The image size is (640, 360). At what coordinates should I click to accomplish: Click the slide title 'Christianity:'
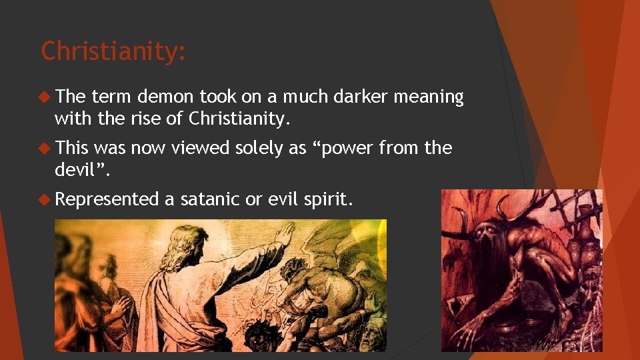click(x=113, y=51)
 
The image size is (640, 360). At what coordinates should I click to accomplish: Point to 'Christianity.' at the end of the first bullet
click(x=240, y=119)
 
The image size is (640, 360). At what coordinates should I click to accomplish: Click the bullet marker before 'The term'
click(x=45, y=97)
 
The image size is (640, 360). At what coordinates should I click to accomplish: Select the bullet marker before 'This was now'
click(x=45, y=148)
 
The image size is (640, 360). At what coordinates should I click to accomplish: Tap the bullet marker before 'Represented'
click(x=45, y=199)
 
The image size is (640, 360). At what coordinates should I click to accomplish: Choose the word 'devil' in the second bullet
click(x=74, y=170)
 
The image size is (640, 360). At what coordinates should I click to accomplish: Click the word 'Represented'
click(x=107, y=199)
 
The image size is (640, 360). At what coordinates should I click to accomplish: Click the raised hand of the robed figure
click(x=286, y=233)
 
